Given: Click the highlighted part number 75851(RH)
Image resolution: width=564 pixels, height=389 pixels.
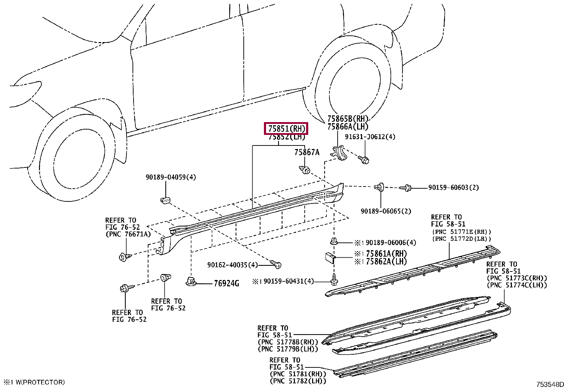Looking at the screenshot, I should point(286,128).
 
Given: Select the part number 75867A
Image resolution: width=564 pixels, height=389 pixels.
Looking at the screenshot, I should point(307,152).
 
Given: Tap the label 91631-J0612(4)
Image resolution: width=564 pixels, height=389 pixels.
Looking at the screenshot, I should point(370,137).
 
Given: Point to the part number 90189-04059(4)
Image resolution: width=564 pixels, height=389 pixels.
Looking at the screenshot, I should point(170,177).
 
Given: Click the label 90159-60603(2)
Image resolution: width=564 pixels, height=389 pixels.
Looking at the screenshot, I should point(453,187).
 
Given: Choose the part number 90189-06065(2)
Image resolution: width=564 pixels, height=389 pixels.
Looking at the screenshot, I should point(386,211).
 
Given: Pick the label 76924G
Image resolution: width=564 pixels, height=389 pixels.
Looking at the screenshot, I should point(226,284).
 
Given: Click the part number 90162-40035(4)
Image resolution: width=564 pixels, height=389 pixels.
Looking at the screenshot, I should point(232,265).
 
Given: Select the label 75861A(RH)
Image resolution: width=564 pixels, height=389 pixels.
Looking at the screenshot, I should point(386,253).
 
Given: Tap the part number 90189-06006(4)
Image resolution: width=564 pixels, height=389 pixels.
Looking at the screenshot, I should point(391,242).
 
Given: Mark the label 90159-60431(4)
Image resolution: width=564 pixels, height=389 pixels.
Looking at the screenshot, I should point(288,281).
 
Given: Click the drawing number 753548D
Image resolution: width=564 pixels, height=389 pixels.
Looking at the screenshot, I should point(549,384).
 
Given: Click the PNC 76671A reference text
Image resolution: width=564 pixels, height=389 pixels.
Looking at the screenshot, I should point(128,234).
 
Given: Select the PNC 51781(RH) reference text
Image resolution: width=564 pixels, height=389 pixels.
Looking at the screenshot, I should point(298,374).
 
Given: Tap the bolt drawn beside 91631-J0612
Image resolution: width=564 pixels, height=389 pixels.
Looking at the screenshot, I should point(363,160).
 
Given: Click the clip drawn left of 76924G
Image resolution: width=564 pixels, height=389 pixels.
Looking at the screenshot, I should point(191,282).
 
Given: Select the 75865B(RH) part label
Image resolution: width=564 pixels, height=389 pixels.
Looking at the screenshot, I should point(348,119).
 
